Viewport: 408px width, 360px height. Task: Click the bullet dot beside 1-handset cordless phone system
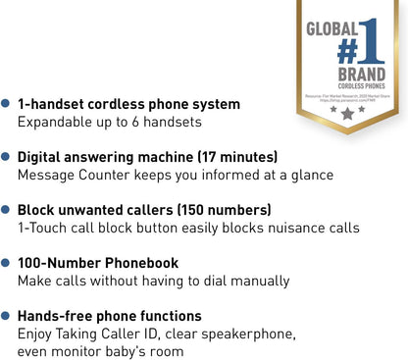7,103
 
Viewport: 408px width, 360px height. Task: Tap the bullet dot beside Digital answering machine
7,157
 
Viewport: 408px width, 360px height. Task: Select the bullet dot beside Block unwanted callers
7,210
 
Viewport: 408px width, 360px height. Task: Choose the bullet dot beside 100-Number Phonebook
7,263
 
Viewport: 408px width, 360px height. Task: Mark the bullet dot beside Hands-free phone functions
7,316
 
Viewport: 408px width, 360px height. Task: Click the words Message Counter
81,176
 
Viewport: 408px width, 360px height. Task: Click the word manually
255,282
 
